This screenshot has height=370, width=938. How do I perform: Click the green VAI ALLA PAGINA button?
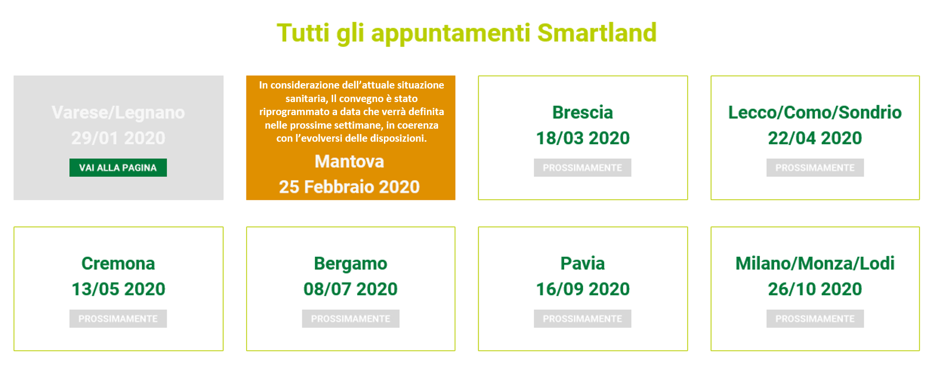(118, 167)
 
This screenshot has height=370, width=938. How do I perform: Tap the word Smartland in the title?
(597, 33)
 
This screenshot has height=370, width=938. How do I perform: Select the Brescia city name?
(583, 112)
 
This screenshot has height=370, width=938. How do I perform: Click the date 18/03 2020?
(583, 138)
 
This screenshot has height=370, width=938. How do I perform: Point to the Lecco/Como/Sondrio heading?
(815, 112)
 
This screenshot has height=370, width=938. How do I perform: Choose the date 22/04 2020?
(815, 138)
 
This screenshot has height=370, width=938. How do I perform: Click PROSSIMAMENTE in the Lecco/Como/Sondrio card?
(815, 167)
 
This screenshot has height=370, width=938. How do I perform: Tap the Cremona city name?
(118, 263)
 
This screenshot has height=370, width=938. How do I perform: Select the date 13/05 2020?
(118, 289)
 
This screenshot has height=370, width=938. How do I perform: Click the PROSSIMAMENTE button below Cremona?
(118, 319)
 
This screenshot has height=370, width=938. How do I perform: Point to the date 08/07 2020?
(351, 289)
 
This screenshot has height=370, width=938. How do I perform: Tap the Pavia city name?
(583, 263)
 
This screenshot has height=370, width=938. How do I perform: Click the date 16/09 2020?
(583, 289)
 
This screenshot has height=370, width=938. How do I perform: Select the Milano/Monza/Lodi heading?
(815, 263)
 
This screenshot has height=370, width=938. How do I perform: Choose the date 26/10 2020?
(815, 289)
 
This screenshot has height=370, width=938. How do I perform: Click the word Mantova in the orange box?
(349, 161)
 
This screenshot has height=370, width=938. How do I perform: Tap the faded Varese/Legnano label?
(118, 113)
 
